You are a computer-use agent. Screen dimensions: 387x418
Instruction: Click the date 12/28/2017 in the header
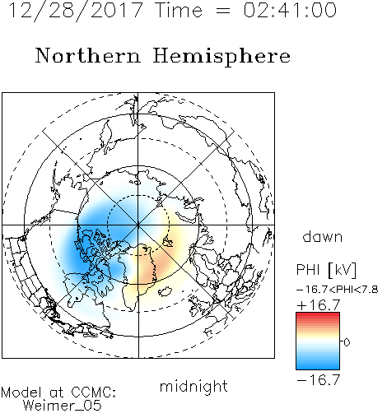[x=76, y=10]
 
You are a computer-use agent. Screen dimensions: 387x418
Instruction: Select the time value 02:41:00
[x=290, y=10]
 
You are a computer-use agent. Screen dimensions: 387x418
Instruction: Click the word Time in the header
[x=179, y=10]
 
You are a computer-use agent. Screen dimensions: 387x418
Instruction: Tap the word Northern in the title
[x=88, y=56]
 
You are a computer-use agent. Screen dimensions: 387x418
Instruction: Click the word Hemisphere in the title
[x=221, y=57]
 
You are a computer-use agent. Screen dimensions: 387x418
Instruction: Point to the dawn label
[x=323, y=236]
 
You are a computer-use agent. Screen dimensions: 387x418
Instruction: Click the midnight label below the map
[x=193, y=386]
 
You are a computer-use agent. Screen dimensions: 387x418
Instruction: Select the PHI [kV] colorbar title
[x=326, y=270]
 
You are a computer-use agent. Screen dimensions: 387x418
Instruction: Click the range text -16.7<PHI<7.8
[x=338, y=289]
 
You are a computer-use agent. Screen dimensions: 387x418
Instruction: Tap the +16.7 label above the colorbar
[x=319, y=305]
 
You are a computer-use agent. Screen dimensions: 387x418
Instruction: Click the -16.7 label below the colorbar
[x=319, y=379]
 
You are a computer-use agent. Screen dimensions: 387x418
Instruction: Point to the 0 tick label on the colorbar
[x=347, y=342]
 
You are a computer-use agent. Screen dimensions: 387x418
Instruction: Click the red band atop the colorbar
[x=318, y=316]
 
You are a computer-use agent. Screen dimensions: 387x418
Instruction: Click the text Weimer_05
[x=63, y=405]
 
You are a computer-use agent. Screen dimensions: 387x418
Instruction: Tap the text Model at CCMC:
[x=58, y=392]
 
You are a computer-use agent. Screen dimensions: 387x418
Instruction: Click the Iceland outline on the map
[x=166, y=291]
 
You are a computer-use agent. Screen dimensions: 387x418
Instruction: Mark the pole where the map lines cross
[x=138, y=225]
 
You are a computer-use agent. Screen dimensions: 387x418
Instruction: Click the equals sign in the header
[x=222, y=11]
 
